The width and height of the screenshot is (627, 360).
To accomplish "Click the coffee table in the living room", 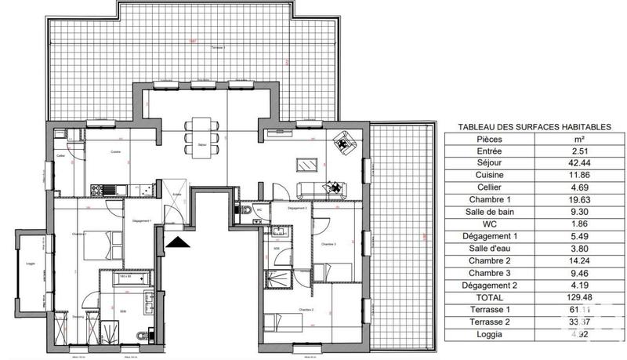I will point(306,165).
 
